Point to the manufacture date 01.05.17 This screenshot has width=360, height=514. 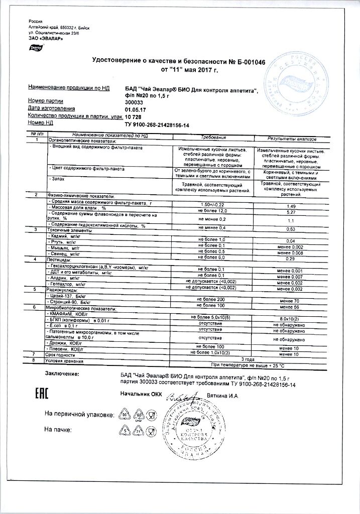136,108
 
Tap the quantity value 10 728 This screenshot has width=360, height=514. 134,116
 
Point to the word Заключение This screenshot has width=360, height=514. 62,374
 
